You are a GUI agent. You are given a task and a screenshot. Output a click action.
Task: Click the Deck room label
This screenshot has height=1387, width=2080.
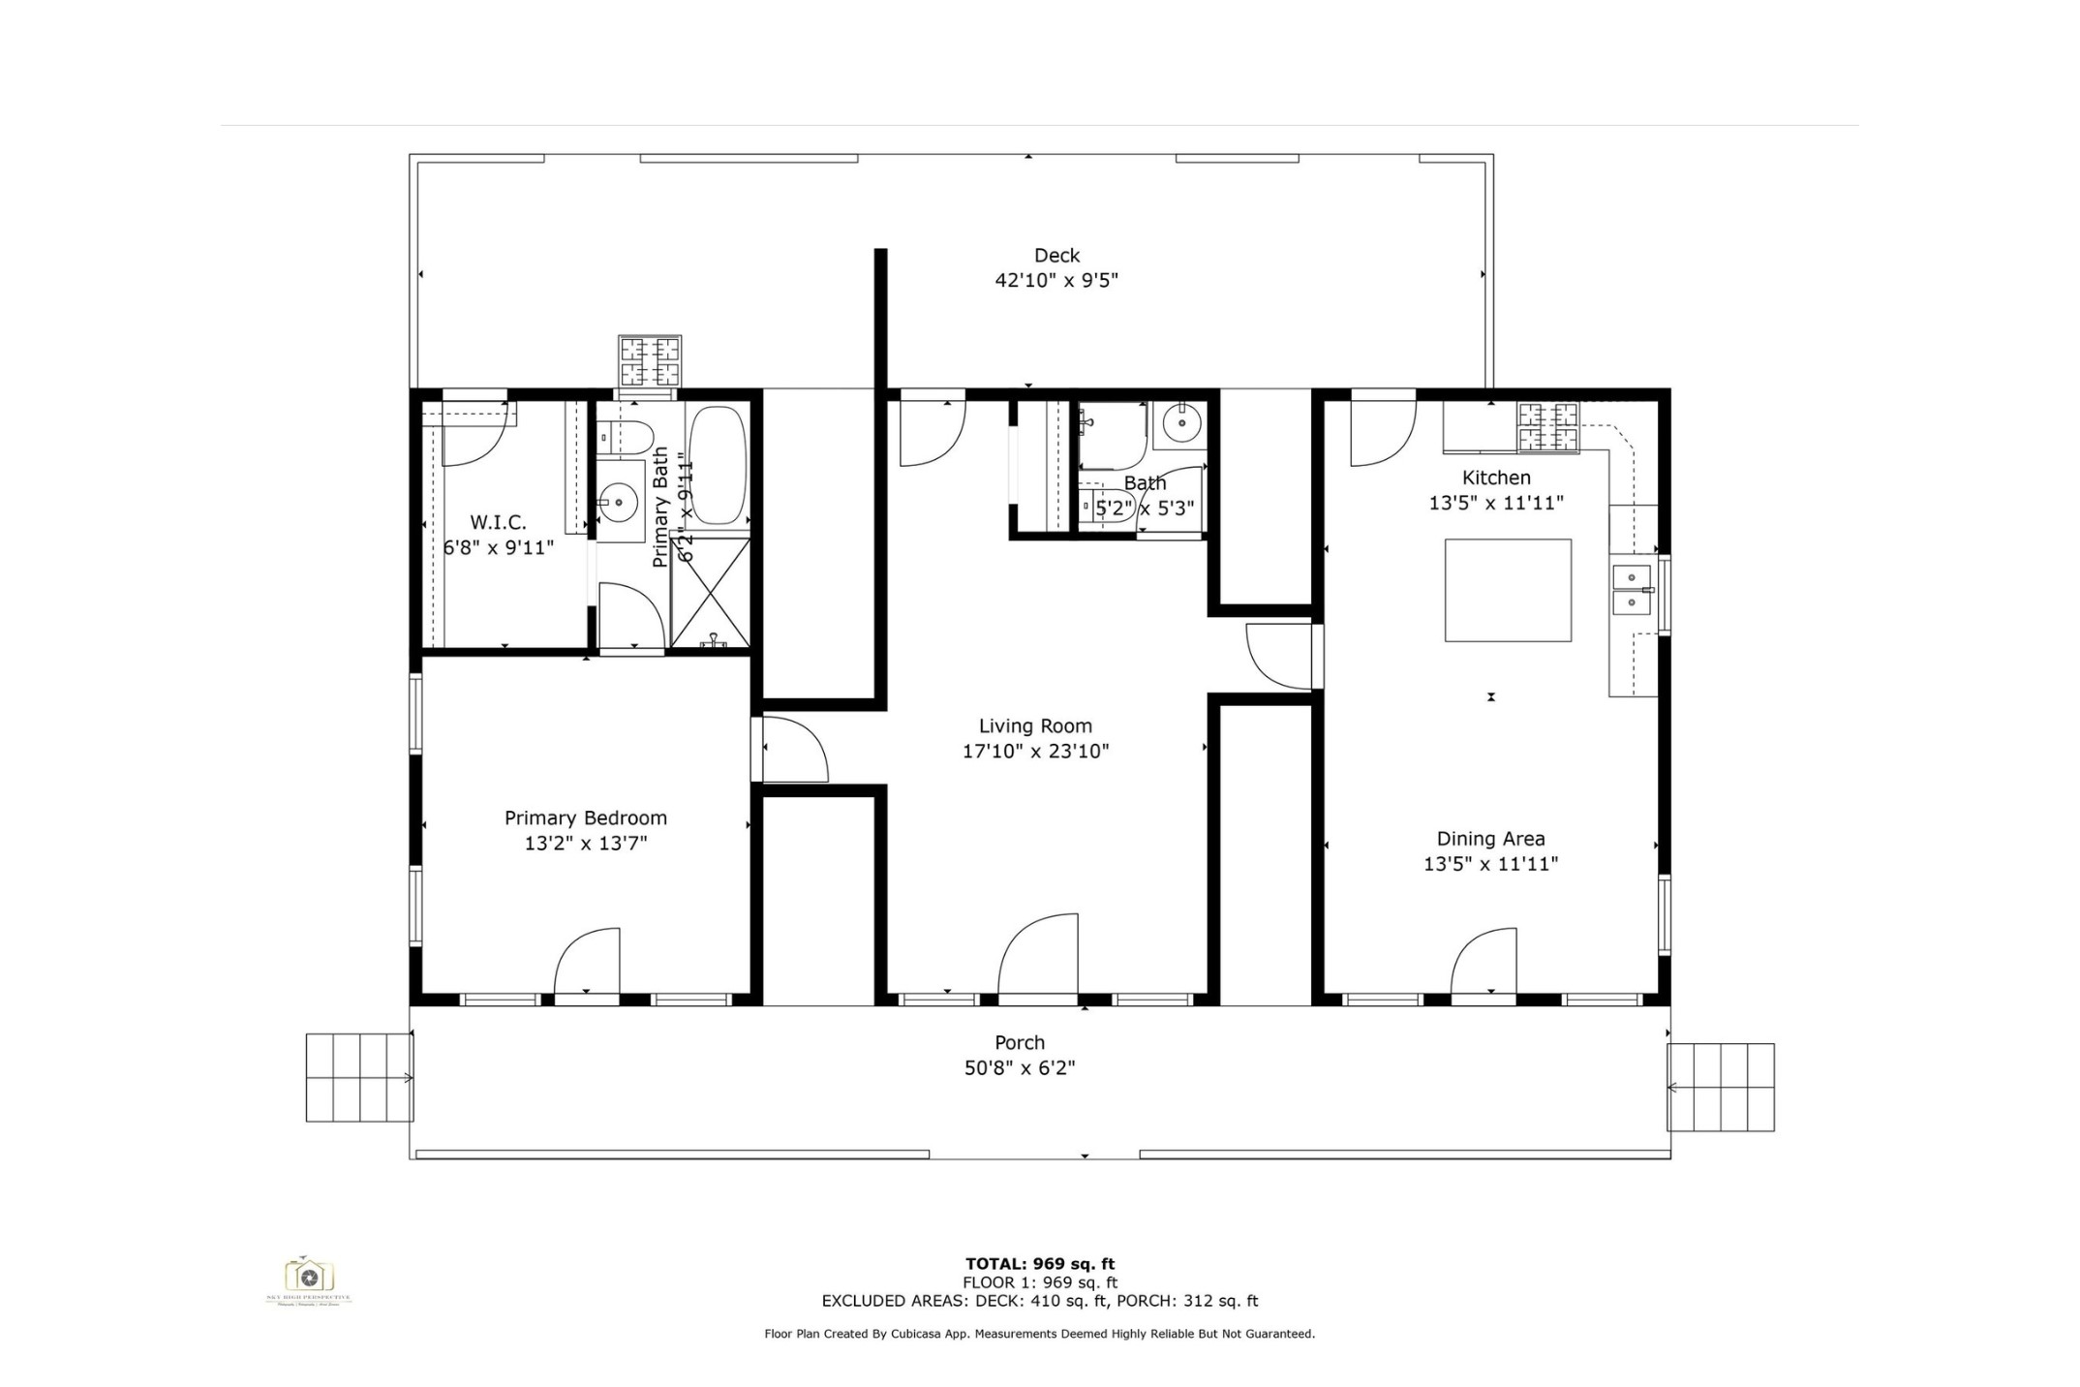pos(1056,256)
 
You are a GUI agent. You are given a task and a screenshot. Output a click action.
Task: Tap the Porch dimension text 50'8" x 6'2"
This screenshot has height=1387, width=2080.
pos(1020,1068)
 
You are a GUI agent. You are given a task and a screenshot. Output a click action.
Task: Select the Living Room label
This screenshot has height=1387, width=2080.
pos(1035,726)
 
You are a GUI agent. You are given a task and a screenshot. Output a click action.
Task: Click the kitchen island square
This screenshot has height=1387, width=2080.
pos(1508,590)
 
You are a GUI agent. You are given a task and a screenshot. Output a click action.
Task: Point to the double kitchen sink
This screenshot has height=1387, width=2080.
pos(1632,590)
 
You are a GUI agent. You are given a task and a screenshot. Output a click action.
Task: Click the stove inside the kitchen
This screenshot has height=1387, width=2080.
pos(1547,427)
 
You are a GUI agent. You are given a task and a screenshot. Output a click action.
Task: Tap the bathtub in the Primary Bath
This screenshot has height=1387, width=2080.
pos(718,465)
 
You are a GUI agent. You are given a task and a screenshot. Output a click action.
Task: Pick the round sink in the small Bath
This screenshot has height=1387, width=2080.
pos(1181,422)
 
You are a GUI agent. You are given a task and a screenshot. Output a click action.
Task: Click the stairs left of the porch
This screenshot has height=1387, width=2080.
pos(359,1077)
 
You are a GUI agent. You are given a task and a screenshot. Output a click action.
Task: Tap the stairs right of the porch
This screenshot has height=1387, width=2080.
pos(1721,1087)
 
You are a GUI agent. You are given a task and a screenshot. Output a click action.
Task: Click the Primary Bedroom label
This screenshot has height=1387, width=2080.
pos(586,818)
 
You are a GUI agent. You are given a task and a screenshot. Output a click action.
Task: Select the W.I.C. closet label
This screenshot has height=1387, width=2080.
pos(498,523)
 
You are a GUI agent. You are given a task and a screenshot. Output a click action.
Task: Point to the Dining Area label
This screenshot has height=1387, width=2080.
pos(1490,840)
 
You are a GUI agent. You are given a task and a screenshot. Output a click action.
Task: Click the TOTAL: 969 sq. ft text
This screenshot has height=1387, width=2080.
pos(1039,1263)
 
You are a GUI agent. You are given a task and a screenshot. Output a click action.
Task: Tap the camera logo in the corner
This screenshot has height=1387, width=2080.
pos(309,1276)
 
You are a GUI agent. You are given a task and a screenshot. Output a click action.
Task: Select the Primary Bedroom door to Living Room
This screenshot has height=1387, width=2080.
pos(794,749)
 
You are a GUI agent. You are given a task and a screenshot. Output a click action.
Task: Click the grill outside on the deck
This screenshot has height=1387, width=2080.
pos(650,361)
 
